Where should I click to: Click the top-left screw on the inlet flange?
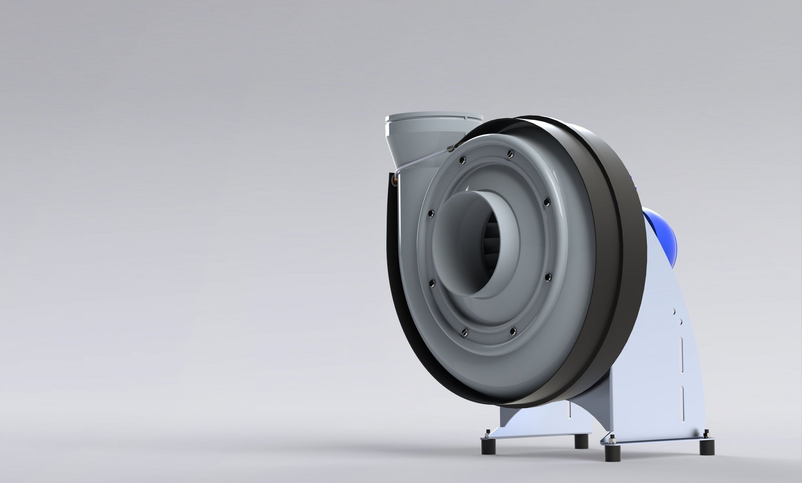(462, 160)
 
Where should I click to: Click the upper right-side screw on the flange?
(547, 203)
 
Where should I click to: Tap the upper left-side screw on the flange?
(431, 214)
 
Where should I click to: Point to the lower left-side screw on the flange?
(431, 283)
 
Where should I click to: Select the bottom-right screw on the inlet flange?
(513, 331)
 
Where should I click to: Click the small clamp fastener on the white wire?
(450, 147)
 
